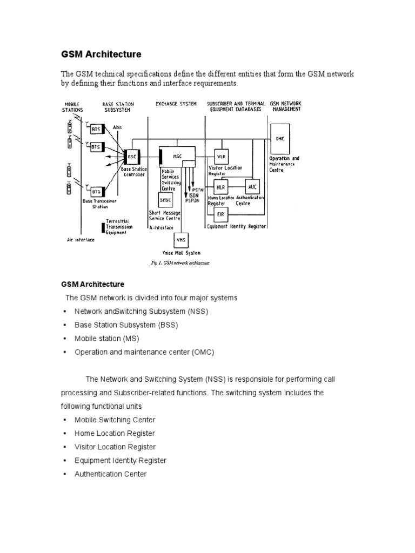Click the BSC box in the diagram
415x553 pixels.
[132, 157]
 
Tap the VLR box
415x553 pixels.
[221, 157]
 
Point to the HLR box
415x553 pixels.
[220, 186]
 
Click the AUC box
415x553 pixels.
[252, 186]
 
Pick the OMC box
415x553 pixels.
[279, 138]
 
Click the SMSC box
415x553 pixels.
[165, 199]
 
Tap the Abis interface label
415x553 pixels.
[118, 127]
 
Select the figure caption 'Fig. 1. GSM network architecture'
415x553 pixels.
[178, 264]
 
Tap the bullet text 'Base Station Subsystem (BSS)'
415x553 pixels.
[126, 325]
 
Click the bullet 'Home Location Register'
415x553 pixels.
[115, 433]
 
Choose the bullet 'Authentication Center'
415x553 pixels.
[110, 474]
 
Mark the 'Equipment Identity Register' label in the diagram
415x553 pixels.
[237, 226]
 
